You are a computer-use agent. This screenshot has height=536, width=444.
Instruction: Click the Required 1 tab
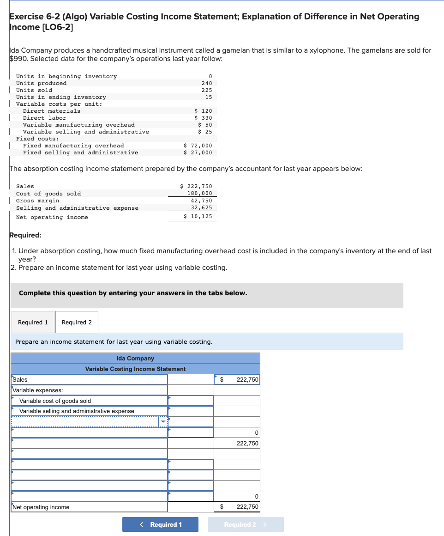(33, 322)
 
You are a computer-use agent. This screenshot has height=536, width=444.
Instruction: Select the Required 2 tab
(77, 322)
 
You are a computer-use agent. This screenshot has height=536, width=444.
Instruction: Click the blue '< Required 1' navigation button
(160, 524)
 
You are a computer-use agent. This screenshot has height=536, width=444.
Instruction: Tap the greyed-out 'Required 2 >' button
(246, 524)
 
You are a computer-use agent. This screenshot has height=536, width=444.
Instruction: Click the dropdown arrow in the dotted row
(163, 421)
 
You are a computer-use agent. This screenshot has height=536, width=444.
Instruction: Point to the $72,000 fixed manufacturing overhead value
(198, 146)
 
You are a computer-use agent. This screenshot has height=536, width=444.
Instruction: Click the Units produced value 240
(207, 83)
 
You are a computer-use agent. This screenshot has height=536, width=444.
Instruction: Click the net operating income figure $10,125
(198, 216)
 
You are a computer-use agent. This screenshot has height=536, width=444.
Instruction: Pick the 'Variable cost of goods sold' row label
(55, 401)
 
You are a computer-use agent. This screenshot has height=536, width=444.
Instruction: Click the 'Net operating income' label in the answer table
(41, 507)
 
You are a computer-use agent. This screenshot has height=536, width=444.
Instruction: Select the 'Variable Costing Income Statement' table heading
(135, 369)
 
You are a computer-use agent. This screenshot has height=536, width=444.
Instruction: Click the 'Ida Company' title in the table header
(135, 358)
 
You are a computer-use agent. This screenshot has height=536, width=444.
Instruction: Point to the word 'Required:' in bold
(25, 235)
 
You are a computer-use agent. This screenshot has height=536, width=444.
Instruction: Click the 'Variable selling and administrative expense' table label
(77, 411)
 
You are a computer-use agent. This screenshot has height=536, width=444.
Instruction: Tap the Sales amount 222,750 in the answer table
(247, 379)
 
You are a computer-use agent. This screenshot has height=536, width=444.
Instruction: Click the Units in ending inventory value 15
(209, 97)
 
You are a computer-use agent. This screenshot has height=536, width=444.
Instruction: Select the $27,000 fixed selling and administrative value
(198, 152)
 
